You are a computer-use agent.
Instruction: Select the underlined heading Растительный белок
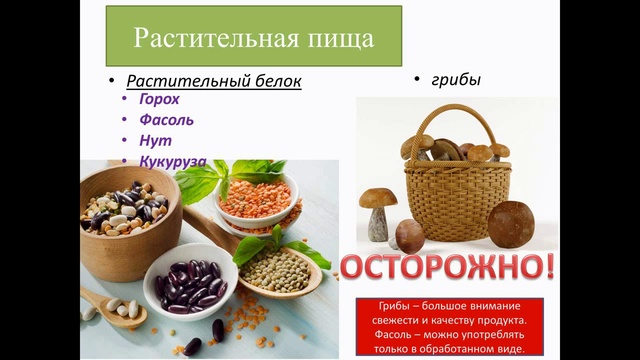[x=214, y=80]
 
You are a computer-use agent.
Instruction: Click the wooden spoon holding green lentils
[x=276, y=264]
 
